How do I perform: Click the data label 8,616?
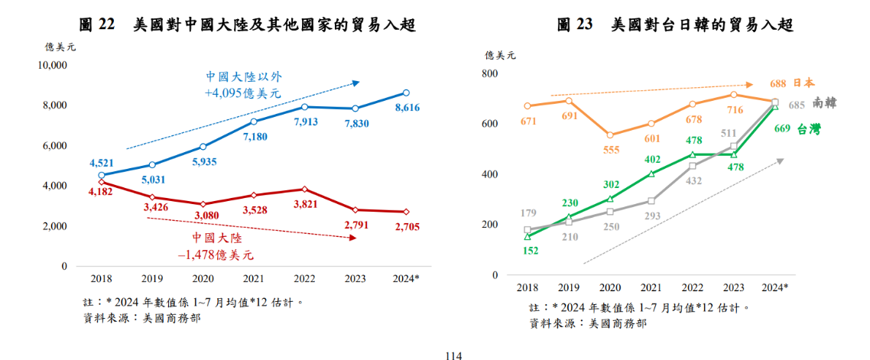click(407, 109)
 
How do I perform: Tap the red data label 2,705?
click(407, 226)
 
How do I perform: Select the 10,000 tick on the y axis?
click(53, 65)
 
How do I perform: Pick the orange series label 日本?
click(803, 83)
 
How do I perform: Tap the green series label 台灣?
click(809, 129)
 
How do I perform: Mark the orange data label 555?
click(610, 150)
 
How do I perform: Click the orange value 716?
click(733, 111)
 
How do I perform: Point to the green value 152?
click(527, 250)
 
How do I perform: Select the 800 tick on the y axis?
click(489, 73)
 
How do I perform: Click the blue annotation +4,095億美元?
click(242, 93)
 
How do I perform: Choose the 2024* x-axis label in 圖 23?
click(775, 287)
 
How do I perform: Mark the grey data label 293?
click(651, 216)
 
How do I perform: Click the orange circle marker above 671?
click(528, 106)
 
